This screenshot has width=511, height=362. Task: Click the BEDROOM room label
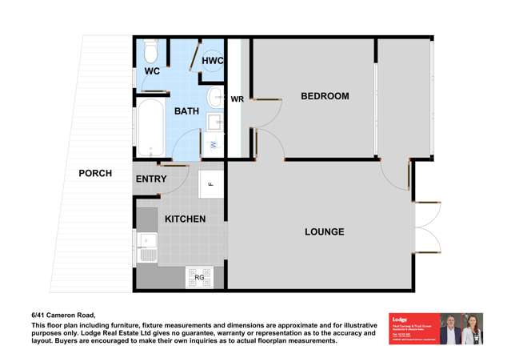[325, 96]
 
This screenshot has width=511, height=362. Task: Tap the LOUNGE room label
[324, 231]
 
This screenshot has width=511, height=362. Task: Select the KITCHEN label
[185, 219]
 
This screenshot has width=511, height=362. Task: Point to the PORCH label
[95, 173]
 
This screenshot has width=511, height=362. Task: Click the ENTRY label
[151, 179]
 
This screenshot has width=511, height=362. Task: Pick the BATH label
[186, 111]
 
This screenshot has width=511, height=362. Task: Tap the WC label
[152, 71]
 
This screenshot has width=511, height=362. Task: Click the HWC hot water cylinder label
[212, 60]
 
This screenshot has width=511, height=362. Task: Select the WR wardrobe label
[238, 99]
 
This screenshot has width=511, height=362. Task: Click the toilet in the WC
[151, 53]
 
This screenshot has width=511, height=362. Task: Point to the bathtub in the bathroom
[150, 127]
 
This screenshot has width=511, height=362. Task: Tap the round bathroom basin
[215, 98]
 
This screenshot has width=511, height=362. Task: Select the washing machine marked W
[214, 144]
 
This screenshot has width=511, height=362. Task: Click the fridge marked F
[210, 184]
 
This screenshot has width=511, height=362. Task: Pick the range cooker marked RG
[198, 277]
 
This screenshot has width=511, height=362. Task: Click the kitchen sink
[146, 240]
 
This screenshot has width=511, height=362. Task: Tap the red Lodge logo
[413, 328]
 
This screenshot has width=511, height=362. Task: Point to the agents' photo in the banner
[461, 328]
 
